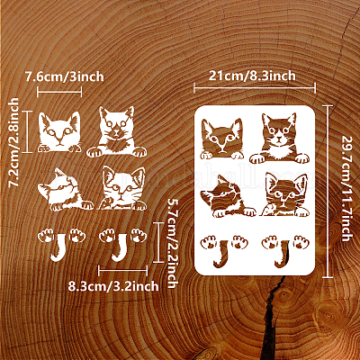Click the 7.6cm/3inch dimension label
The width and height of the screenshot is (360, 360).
click(64, 76)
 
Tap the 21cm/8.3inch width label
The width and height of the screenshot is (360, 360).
click(252, 76)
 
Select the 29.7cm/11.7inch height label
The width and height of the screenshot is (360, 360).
click(346, 188)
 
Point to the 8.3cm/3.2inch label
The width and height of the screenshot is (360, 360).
click(113, 286)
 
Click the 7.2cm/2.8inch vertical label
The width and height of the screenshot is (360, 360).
click(13, 142)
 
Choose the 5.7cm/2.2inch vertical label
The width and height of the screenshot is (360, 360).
click(173, 243)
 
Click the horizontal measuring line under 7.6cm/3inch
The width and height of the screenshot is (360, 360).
click(59, 92)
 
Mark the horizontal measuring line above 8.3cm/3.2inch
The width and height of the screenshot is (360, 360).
click(123, 271)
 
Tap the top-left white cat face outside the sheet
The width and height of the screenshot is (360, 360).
click(59, 132)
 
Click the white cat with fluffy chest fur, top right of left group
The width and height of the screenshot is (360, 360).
click(116, 132)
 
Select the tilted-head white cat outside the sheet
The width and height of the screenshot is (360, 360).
click(65, 190)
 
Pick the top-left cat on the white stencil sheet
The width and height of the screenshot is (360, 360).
click(222, 139)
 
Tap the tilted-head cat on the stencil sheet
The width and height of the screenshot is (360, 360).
click(228, 196)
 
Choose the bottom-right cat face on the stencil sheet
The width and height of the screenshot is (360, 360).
click(284, 194)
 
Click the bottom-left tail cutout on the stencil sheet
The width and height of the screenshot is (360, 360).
click(222, 254)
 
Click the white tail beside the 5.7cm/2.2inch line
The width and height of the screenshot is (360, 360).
click(121, 247)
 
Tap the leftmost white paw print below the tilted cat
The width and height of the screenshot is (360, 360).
click(46, 235)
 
